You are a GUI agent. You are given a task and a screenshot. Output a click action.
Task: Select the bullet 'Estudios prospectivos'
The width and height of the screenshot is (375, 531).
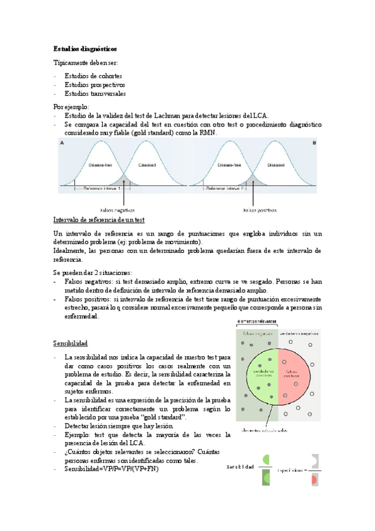coord(95,85)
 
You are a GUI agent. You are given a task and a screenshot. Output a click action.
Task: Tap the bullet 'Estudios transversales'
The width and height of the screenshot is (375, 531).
coord(95,94)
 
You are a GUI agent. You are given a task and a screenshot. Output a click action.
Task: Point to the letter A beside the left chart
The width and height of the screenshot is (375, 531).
coord(61,143)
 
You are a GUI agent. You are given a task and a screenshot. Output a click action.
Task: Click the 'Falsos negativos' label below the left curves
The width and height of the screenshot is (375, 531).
coord(117,210)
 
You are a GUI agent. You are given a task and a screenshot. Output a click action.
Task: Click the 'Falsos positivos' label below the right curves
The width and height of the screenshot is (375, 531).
coord(260,210)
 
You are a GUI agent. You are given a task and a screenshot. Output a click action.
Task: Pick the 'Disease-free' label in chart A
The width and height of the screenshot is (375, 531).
coord(100,166)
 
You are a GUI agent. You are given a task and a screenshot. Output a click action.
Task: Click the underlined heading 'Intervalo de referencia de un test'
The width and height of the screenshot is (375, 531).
coord(100,220)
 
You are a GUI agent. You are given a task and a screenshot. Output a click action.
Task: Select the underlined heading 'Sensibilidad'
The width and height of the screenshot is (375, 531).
coord(70,344)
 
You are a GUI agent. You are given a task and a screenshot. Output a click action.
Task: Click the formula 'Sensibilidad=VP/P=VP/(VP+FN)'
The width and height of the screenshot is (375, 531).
coord(111,469)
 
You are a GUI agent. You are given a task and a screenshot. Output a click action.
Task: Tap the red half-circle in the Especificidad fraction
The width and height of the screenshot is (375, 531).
coord(315,478)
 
